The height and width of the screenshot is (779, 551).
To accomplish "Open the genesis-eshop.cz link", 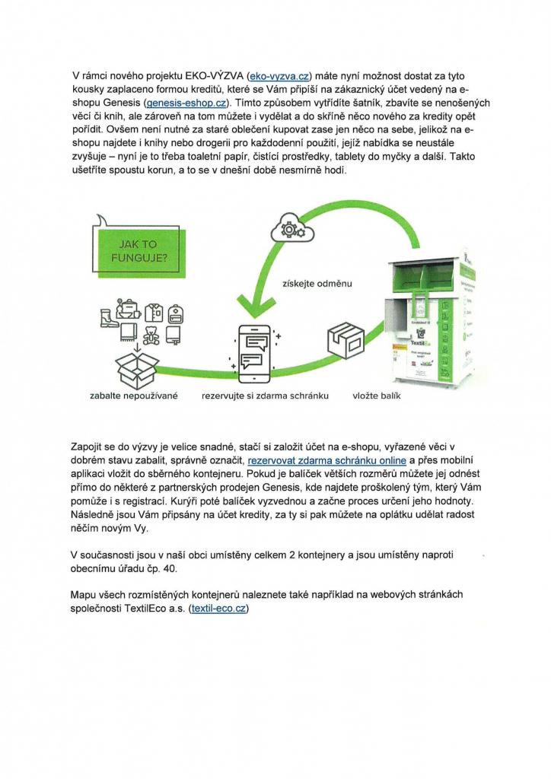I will tap(191, 102).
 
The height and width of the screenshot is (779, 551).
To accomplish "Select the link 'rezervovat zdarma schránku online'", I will tap(328, 461).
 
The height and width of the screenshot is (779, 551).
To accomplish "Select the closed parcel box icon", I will tap(343, 343).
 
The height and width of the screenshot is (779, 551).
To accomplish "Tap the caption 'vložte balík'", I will tap(376, 397).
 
